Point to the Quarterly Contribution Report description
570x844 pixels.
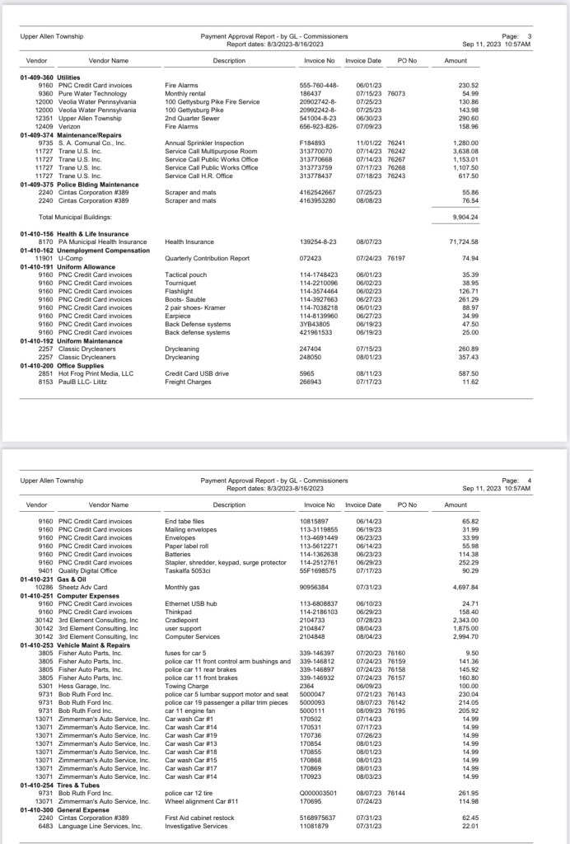click(x=207, y=258)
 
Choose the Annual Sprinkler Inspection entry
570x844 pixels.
click(x=204, y=143)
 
